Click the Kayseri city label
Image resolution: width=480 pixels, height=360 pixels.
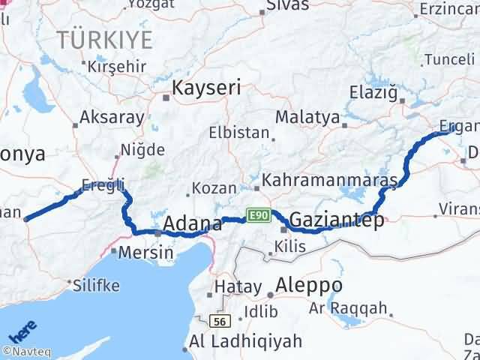(206, 88)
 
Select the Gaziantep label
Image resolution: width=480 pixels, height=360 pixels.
(337, 220)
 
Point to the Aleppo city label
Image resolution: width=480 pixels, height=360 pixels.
(309, 286)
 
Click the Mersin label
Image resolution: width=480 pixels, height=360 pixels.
(146, 252)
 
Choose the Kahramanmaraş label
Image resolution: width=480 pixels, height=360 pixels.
(330, 182)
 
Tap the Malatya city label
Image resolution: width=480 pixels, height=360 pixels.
(307, 118)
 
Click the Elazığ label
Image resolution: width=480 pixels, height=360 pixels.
(372, 92)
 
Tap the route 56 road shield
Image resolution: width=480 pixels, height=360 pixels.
(218, 322)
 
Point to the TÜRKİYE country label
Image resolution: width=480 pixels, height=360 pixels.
(105, 40)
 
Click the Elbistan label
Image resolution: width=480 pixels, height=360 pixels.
(239, 133)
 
